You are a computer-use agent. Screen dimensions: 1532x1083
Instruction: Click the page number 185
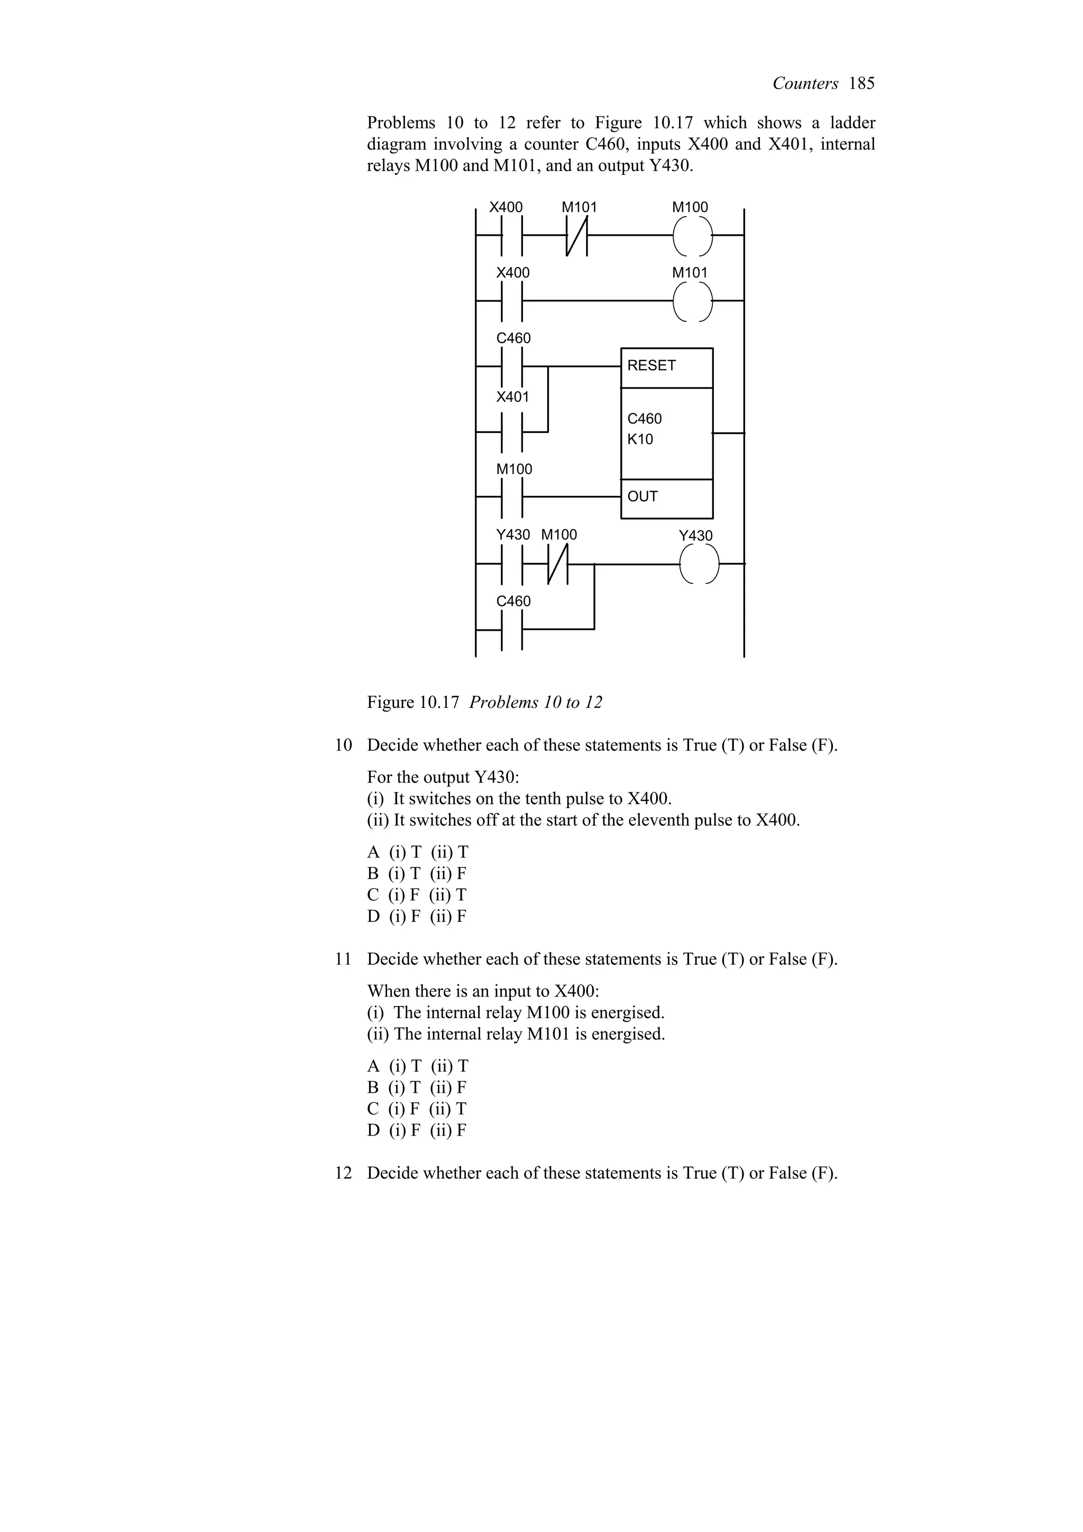coord(861,84)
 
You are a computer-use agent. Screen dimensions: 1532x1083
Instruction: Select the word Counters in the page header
coord(805,84)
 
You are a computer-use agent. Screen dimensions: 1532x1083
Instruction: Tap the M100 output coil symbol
coord(692,236)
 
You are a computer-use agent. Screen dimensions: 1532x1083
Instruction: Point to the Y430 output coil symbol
coord(699,564)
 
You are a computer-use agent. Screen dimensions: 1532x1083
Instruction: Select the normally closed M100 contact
coord(558,564)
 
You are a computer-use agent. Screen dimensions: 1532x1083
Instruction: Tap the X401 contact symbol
coord(512,432)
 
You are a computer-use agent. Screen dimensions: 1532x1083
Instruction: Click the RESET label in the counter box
coord(651,366)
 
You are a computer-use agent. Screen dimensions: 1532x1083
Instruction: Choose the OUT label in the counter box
coord(643,496)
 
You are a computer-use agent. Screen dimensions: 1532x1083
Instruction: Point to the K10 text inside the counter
coord(640,440)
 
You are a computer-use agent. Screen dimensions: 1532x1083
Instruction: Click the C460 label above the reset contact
coord(513,338)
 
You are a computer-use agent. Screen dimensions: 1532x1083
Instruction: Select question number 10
coord(343,745)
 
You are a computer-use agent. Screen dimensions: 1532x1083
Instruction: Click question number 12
coord(343,1173)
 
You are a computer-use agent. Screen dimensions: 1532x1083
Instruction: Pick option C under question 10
coord(373,895)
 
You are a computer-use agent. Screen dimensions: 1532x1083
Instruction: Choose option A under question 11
coord(373,1066)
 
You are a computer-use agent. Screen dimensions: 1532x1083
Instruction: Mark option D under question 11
coord(373,1130)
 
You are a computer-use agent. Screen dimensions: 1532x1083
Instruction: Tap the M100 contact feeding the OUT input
coord(512,496)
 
